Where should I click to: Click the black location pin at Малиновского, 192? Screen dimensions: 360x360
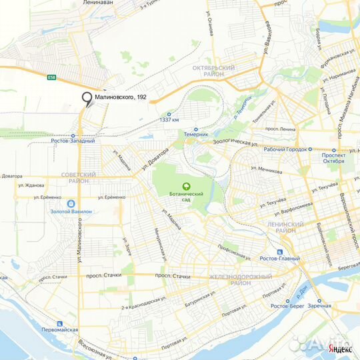coord(87,98)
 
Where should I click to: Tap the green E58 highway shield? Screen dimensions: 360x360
coord(51,78)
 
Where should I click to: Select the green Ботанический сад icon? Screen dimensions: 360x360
coord(187,187)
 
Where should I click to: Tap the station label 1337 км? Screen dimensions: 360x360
coord(169,119)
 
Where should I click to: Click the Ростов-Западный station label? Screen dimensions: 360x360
coord(73,141)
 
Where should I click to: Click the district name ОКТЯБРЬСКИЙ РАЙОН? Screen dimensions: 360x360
coord(213,71)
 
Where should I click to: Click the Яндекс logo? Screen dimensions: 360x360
coord(341,349)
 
